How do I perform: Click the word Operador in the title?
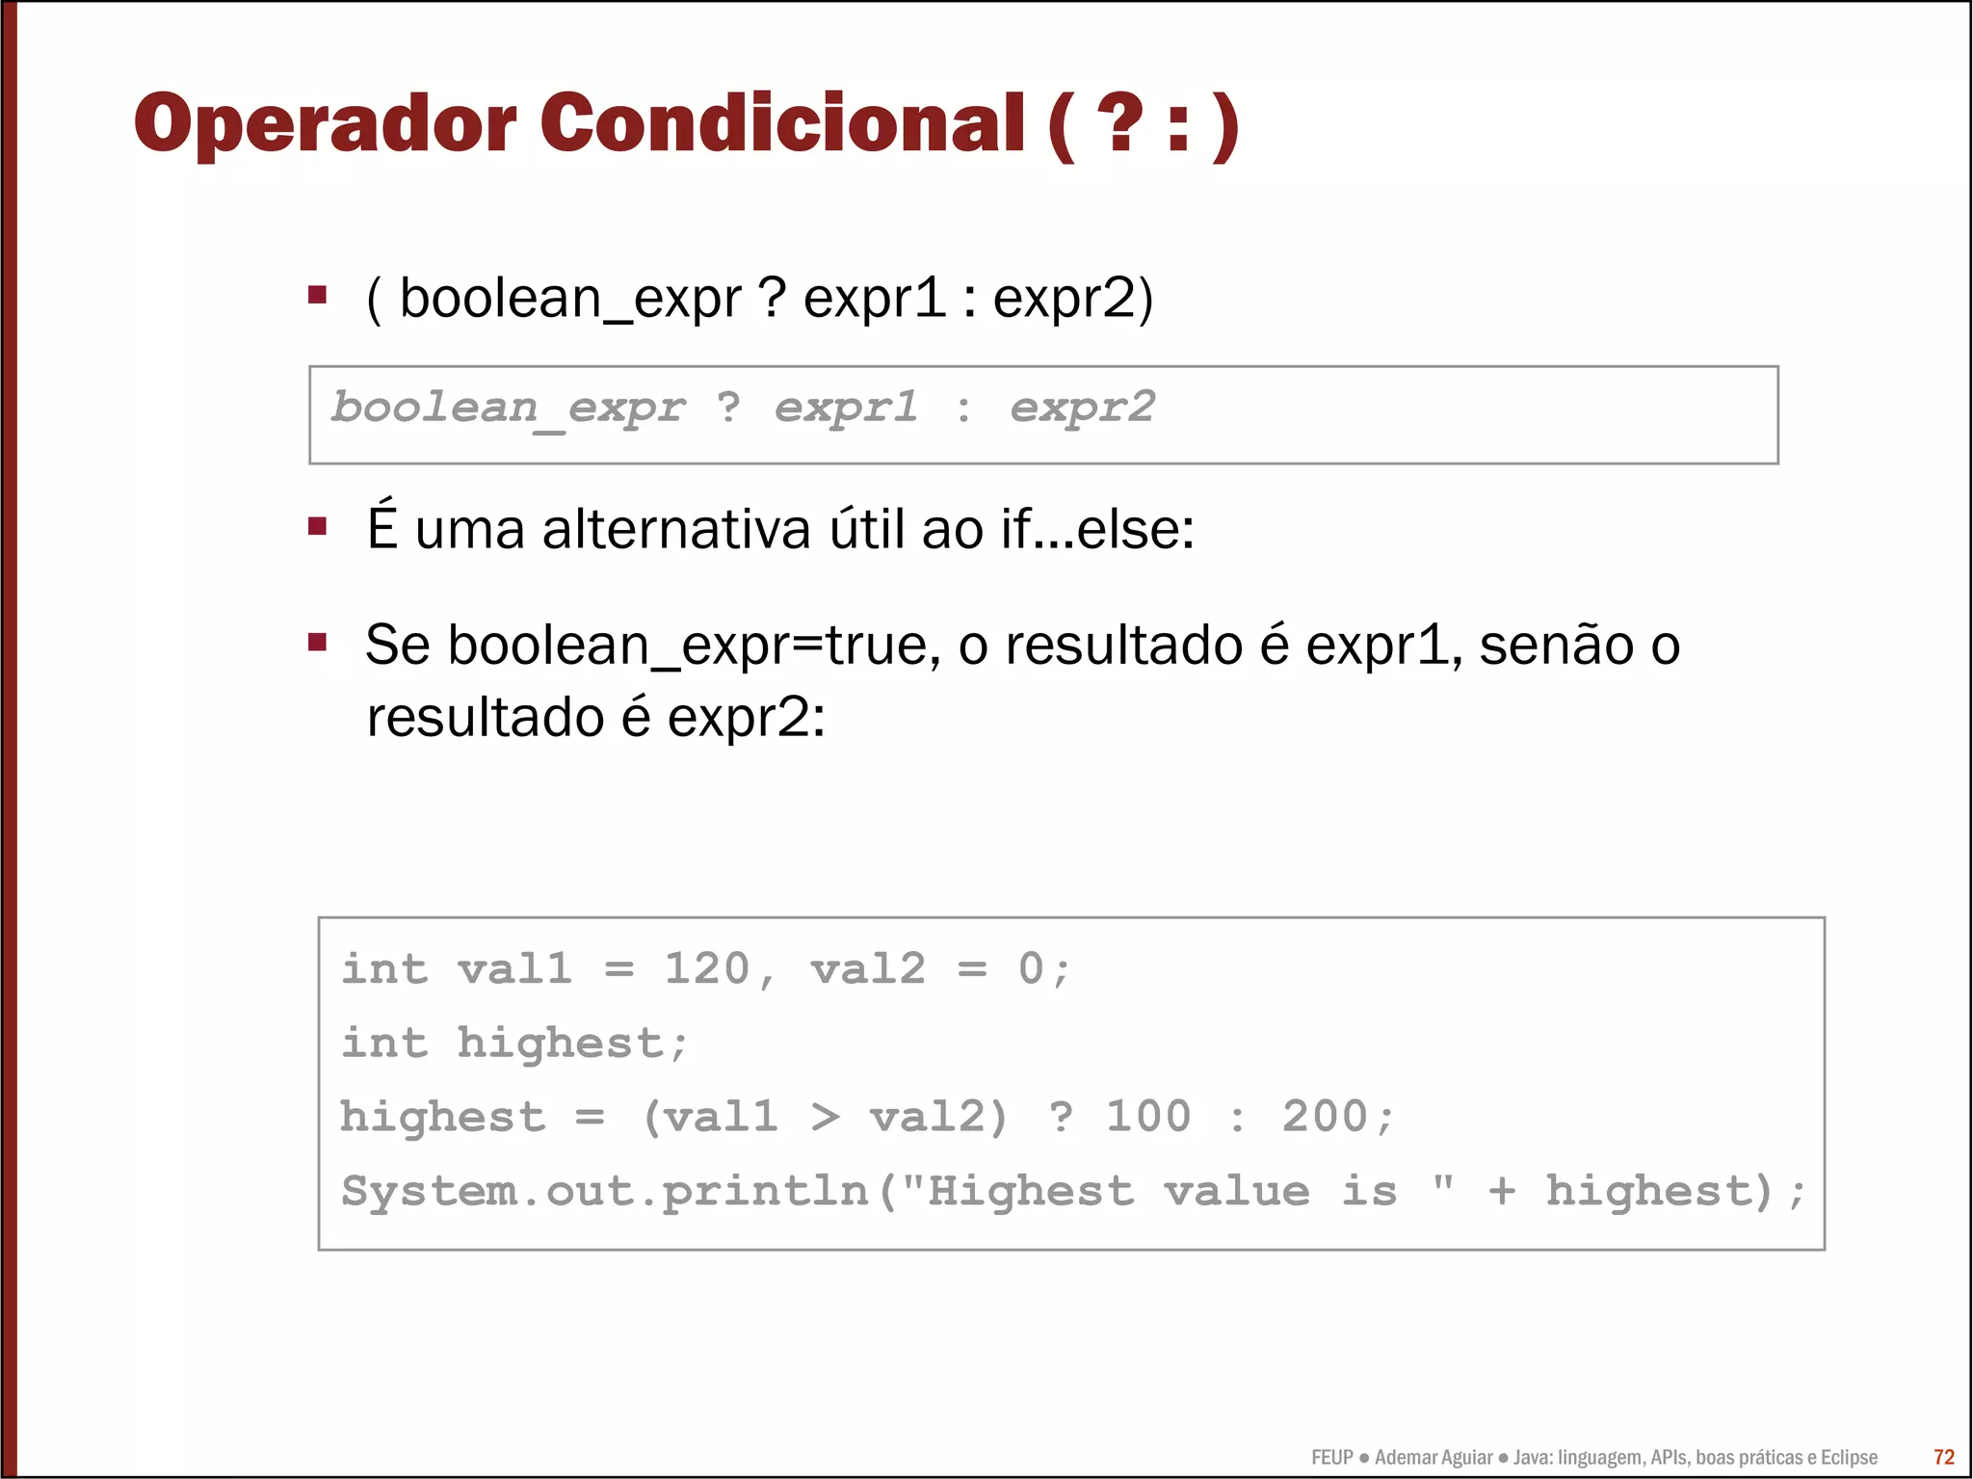[x=325, y=124]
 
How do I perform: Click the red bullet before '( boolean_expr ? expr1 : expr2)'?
[x=317, y=295]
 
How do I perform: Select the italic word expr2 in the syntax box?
[x=1082, y=408]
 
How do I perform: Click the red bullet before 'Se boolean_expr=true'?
[x=317, y=642]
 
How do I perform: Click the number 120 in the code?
[x=707, y=968]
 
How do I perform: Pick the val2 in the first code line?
[x=867, y=968]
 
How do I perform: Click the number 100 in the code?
[x=1147, y=1117]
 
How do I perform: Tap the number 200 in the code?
[x=1325, y=1117]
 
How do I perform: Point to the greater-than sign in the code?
[x=825, y=1117]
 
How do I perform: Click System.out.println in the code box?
[x=604, y=1191]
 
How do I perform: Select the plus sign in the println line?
[x=1501, y=1191]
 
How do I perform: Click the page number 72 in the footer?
[x=1944, y=1457]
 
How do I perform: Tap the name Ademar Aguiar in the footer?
[x=1434, y=1457]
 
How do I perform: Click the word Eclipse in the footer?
[x=1849, y=1457]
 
